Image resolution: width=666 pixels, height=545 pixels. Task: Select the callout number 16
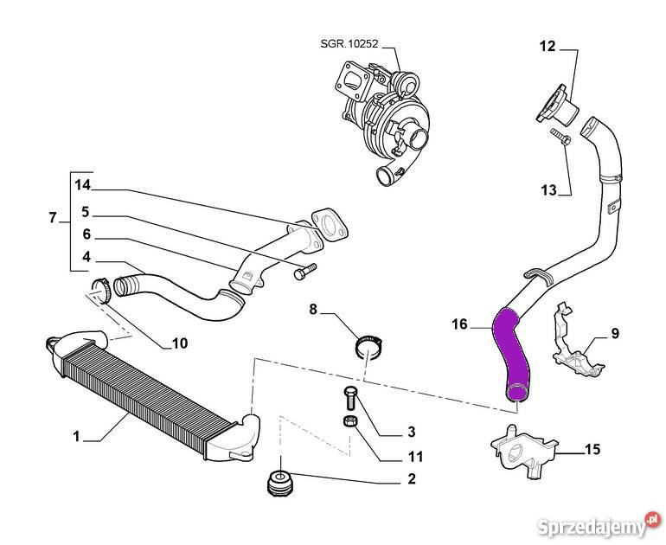(459, 324)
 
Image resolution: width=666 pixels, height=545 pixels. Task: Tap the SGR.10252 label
(343, 43)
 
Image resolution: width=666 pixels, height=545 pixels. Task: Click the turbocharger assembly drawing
(389, 117)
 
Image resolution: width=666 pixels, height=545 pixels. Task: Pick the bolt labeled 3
(350, 398)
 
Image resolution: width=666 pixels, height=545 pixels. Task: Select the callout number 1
(76, 437)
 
